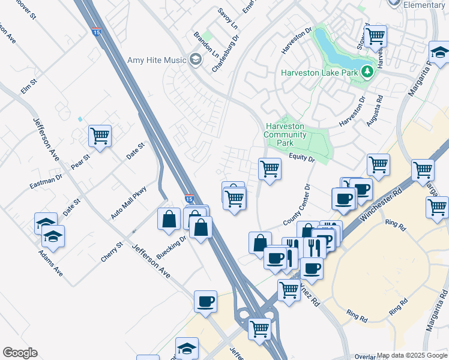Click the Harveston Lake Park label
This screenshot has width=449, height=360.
click(x=320, y=73)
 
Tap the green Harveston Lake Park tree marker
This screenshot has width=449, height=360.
click(x=368, y=73)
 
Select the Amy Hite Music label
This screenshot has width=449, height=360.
click(x=157, y=59)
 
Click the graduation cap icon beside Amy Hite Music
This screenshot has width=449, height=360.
click(x=194, y=59)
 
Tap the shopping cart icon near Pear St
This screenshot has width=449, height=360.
click(x=100, y=136)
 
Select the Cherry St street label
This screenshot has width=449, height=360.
click(x=112, y=251)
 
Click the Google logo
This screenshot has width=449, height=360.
click(x=20, y=353)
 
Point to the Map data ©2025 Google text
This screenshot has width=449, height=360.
click(x=411, y=356)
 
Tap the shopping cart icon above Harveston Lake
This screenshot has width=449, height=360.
click(x=375, y=35)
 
